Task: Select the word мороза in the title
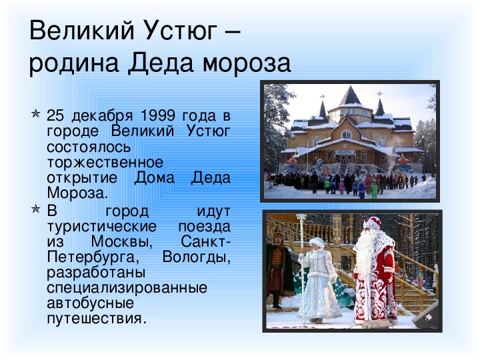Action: (247, 64)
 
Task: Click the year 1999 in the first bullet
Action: (158, 116)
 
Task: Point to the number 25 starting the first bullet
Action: (55, 116)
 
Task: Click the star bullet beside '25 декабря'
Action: (35, 114)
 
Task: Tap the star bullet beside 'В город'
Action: (35, 209)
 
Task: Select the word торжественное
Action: (105, 163)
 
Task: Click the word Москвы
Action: (122, 242)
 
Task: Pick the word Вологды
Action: (196, 257)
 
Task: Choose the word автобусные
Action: (90, 303)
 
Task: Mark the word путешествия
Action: (95, 319)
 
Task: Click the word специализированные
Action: (127, 288)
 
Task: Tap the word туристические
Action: (101, 227)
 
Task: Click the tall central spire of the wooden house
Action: (350, 95)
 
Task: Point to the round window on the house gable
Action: (346, 134)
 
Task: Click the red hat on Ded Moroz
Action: (372, 223)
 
